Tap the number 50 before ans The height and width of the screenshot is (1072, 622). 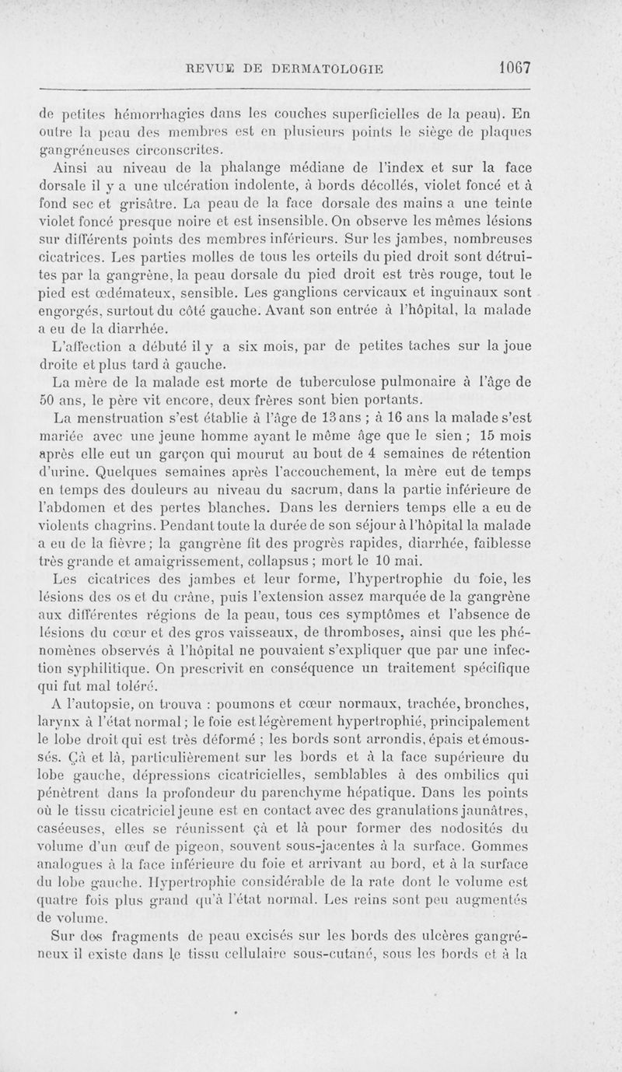click(x=48, y=402)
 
